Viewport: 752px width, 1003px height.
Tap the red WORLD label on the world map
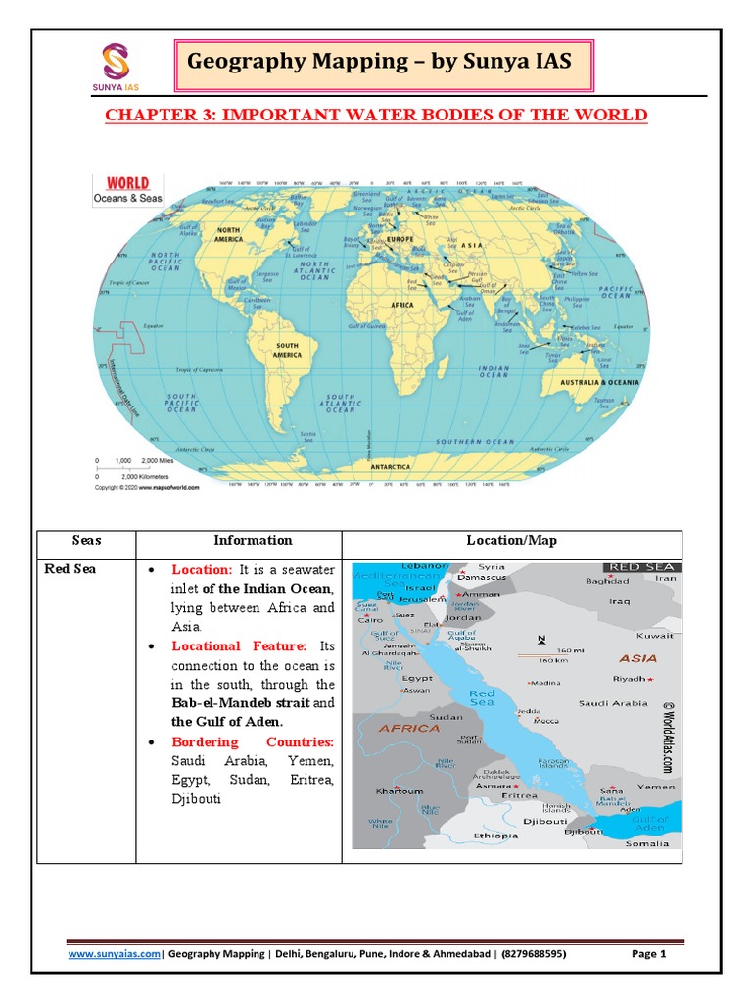(x=127, y=182)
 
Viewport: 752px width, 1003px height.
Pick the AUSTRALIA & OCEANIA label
(x=599, y=381)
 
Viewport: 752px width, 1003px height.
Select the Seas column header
(x=86, y=540)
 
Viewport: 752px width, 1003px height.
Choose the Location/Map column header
(x=511, y=540)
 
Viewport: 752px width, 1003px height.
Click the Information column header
(x=253, y=540)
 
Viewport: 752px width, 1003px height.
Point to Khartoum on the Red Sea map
(x=400, y=791)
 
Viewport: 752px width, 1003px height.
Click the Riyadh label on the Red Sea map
(x=631, y=678)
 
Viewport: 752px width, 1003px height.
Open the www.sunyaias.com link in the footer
(x=114, y=954)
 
